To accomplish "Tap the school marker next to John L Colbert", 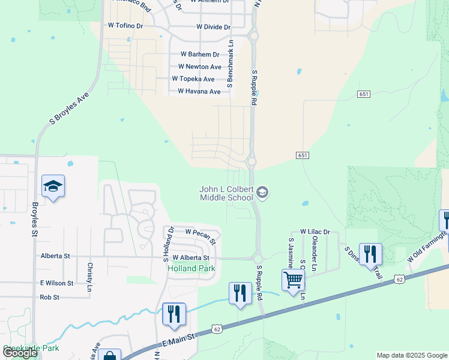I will pyautogui.click(x=262, y=193).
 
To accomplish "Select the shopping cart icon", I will pyautogui.click(x=293, y=280).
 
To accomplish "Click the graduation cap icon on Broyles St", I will pyautogui.click(x=53, y=187).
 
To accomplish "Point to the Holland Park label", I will pyautogui.click(x=190, y=268).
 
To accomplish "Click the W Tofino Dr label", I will pyautogui.click(x=125, y=26).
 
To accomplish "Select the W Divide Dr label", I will pyautogui.click(x=213, y=27).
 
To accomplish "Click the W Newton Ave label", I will pyautogui.click(x=200, y=67).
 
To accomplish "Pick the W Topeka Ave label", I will pyautogui.click(x=193, y=79).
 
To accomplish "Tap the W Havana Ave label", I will pyautogui.click(x=199, y=92).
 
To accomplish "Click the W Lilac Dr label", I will pyautogui.click(x=315, y=232).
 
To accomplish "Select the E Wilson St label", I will pyautogui.click(x=56, y=283).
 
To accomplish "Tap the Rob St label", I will pyautogui.click(x=49, y=297).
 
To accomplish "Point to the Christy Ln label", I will pyautogui.click(x=89, y=268).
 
